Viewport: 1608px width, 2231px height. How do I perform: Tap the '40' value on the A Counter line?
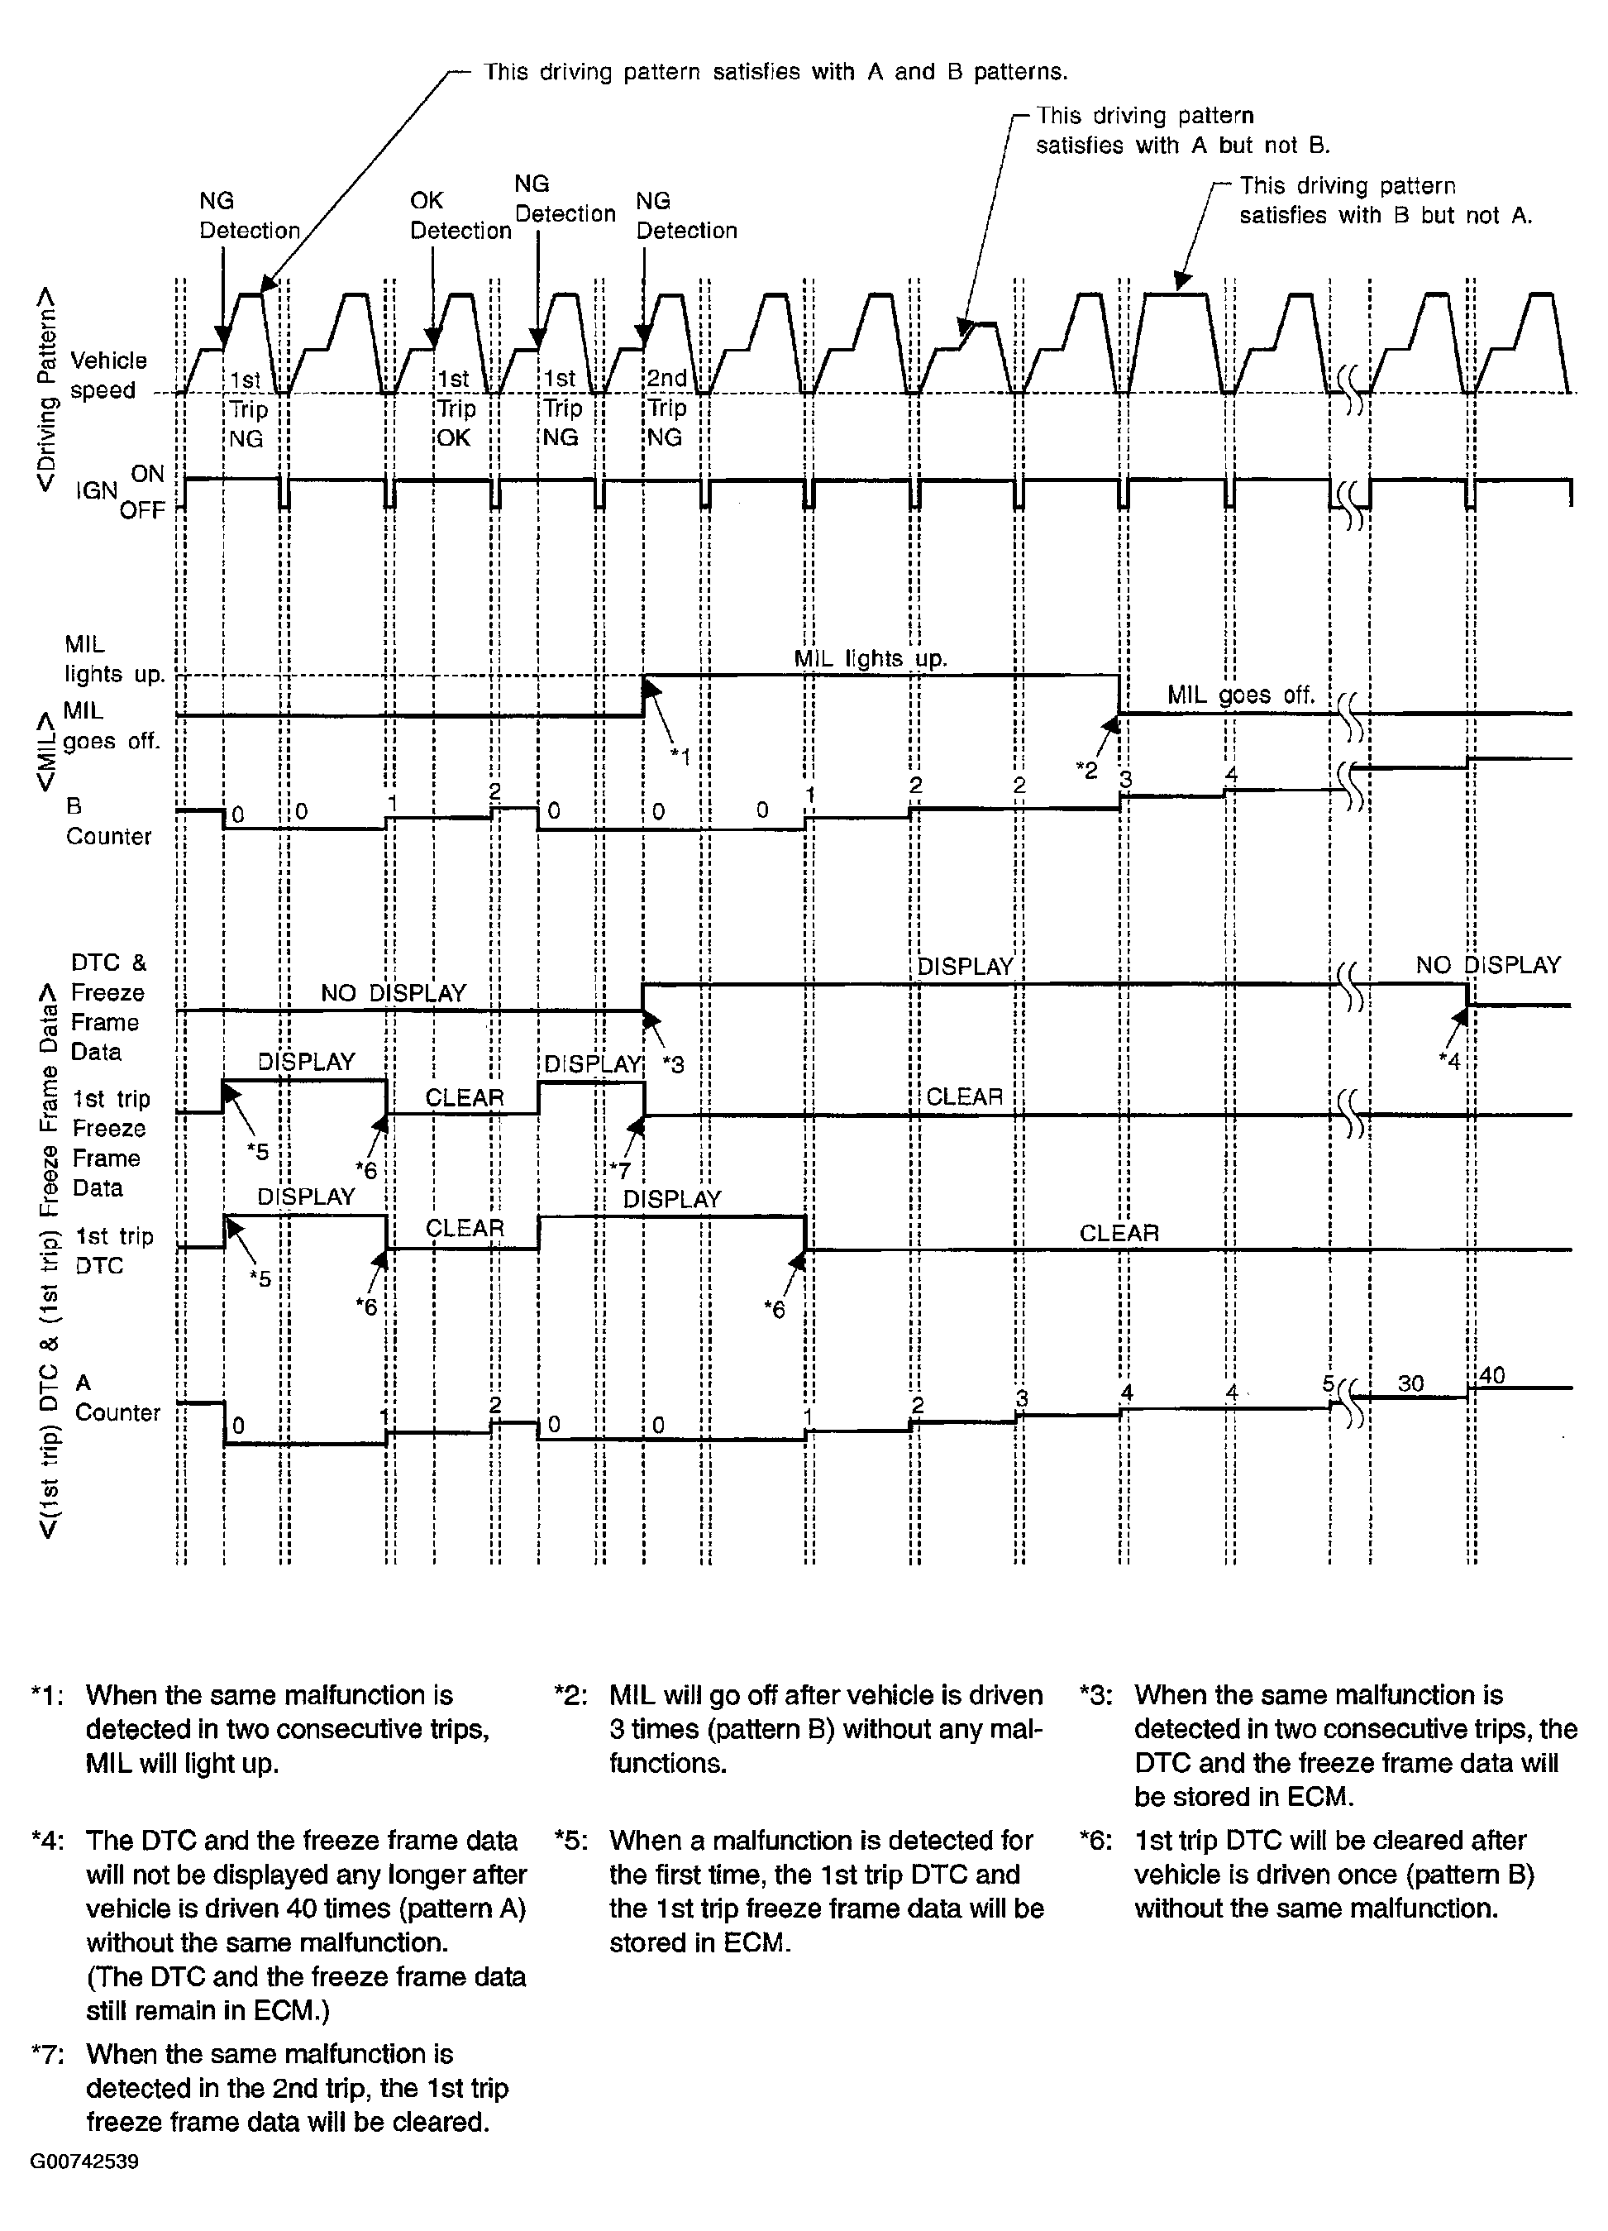coord(1492,1375)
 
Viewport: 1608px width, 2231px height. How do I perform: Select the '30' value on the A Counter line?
coord(1410,1383)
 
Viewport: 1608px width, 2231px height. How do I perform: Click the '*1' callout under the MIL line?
coord(680,756)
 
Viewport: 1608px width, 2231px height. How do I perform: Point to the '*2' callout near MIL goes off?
coord(1086,770)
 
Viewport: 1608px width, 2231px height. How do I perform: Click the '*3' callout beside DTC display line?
coord(674,1063)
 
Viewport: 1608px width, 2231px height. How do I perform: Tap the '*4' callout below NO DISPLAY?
coord(1448,1060)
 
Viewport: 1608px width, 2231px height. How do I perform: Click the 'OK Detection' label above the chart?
coord(460,216)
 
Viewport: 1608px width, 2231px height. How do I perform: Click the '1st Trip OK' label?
coord(456,407)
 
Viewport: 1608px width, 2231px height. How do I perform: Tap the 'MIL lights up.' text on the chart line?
coord(871,659)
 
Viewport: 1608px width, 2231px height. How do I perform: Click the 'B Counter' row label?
coord(108,821)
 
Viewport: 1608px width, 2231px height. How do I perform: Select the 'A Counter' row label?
coord(116,1397)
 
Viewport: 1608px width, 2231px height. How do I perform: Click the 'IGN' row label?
coord(97,490)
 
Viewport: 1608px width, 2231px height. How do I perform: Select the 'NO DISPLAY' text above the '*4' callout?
coord(1488,965)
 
